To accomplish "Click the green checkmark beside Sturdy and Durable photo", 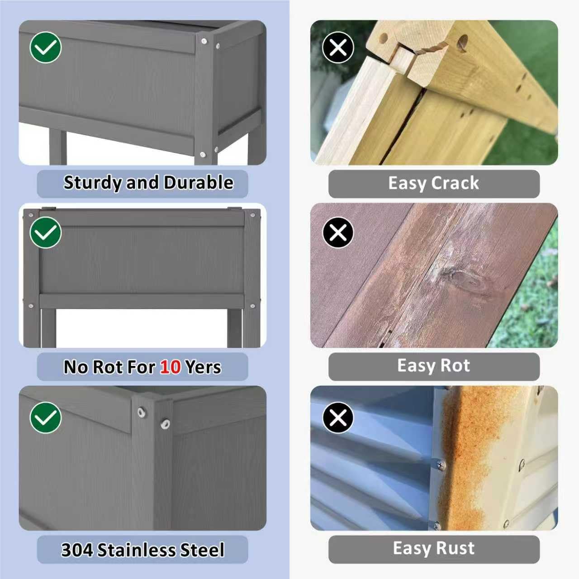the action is (x=46, y=47).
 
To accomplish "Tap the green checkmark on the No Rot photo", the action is (x=46, y=232).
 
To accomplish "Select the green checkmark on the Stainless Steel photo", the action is (x=46, y=418).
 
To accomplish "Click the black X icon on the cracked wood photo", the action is (x=338, y=47).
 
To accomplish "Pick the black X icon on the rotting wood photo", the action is (x=338, y=232).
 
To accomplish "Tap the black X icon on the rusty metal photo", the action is (x=338, y=418).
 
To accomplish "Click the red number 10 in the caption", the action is (x=171, y=367).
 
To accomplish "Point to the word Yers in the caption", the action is (x=203, y=367).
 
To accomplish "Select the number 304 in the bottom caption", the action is (x=77, y=550).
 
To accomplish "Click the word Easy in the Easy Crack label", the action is (x=407, y=184).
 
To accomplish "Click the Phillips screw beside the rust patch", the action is (x=441, y=465).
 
